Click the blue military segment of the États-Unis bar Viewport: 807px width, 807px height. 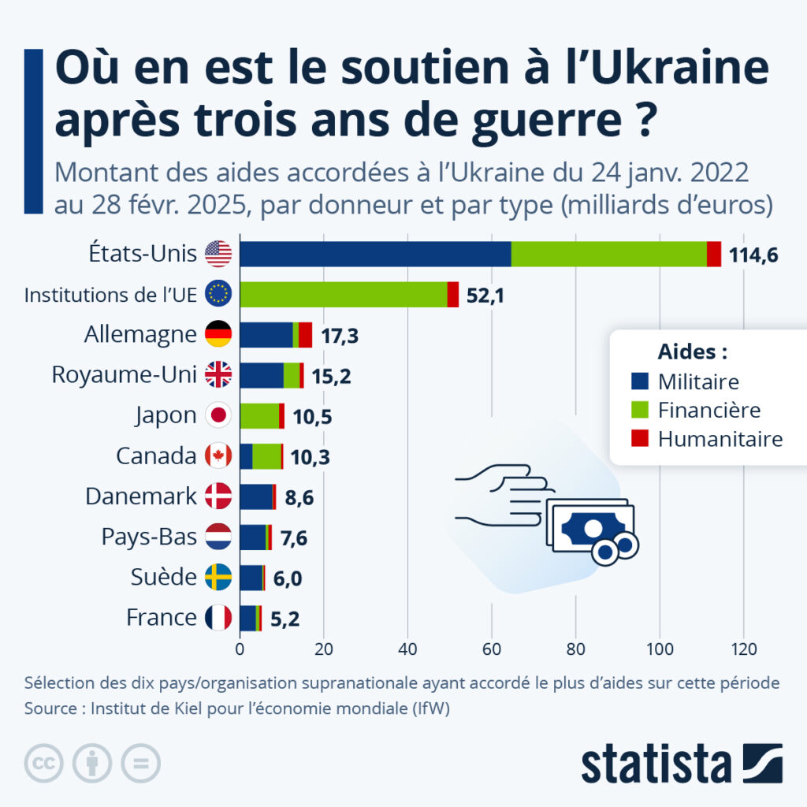tap(375, 254)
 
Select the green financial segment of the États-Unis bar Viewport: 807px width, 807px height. tap(608, 254)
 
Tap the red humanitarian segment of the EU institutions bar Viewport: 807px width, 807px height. tap(453, 294)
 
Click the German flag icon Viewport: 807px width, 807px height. tap(218, 334)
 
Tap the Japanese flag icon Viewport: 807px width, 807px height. tap(218, 415)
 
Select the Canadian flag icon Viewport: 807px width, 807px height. tap(218, 456)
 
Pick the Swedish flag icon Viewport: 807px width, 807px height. tap(218, 577)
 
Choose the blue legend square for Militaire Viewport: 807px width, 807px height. tap(639, 382)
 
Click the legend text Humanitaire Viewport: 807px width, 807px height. tap(720, 439)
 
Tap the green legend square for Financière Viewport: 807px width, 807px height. tap(639, 411)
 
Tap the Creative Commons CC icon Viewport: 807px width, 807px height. tap(44, 762)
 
